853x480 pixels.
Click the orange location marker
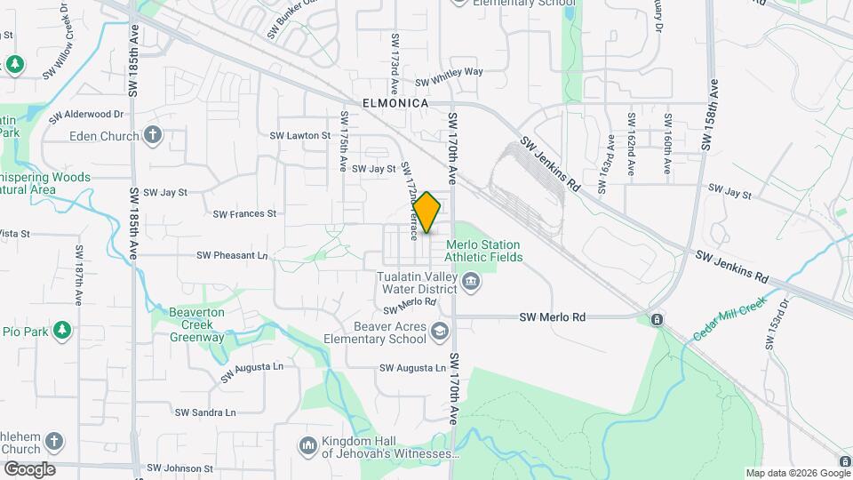click(427, 212)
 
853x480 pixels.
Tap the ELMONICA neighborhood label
click(395, 103)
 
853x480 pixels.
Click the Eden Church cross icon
click(153, 135)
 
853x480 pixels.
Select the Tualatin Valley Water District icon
click(471, 283)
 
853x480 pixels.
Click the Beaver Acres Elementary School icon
click(438, 332)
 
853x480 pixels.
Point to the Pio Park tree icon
click(61, 331)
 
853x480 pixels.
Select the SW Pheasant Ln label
click(232, 255)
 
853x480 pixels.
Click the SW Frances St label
click(245, 213)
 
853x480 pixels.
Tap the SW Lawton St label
click(299, 136)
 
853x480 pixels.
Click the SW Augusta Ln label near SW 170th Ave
click(412, 368)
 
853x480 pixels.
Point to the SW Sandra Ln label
click(205, 412)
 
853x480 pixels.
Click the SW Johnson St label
click(179, 468)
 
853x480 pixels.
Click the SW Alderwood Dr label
click(86, 115)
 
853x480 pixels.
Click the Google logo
click(29, 469)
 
